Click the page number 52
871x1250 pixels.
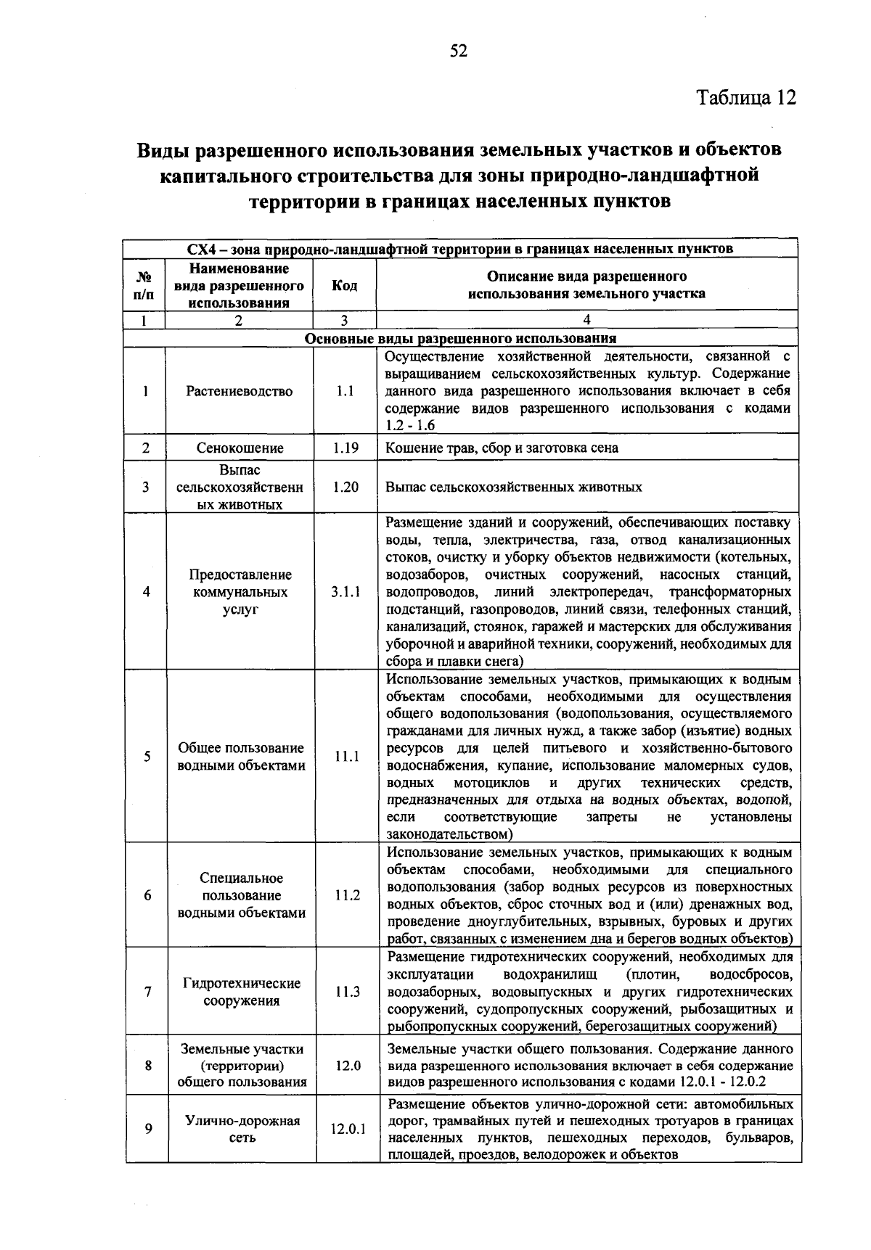click(459, 51)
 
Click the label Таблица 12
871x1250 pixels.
click(746, 97)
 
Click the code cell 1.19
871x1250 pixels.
click(345, 448)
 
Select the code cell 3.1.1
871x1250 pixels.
click(345, 592)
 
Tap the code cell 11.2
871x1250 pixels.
click(347, 895)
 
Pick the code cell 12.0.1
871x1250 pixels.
click(348, 1130)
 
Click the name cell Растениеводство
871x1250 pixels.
click(240, 391)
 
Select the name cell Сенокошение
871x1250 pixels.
click(240, 448)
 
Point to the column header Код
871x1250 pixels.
click(344, 285)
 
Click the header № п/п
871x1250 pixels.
click(144, 285)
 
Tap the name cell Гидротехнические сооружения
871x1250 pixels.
click(241, 992)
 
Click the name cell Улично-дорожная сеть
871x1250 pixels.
click(242, 1130)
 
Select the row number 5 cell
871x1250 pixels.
click(147, 757)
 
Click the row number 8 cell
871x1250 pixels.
click(147, 1066)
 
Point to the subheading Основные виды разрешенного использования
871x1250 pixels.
click(460, 339)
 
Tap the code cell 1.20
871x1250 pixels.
click(345, 487)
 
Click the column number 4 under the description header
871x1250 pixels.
click(586, 320)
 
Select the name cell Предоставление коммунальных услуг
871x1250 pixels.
click(240, 592)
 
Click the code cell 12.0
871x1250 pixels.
click(348, 1066)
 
